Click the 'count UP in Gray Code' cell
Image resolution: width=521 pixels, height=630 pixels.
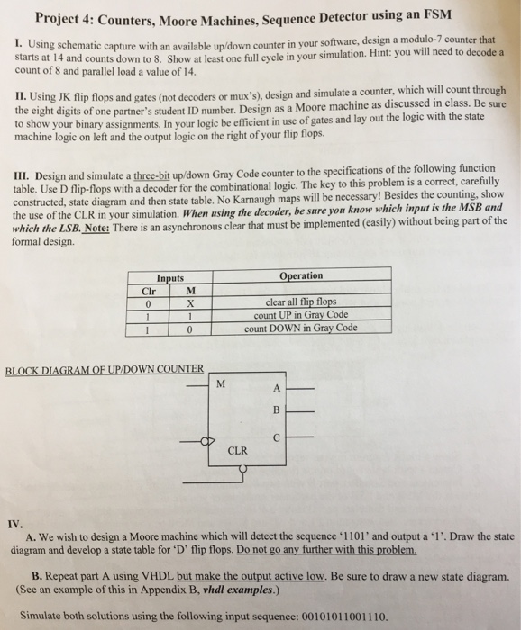click(x=301, y=315)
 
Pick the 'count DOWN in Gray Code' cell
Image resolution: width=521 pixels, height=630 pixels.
click(x=301, y=328)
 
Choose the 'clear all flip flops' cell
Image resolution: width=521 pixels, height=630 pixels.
click(x=301, y=302)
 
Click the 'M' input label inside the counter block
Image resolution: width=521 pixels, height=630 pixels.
click(x=221, y=384)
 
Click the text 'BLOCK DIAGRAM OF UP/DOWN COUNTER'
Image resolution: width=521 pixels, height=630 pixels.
click(x=105, y=369)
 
